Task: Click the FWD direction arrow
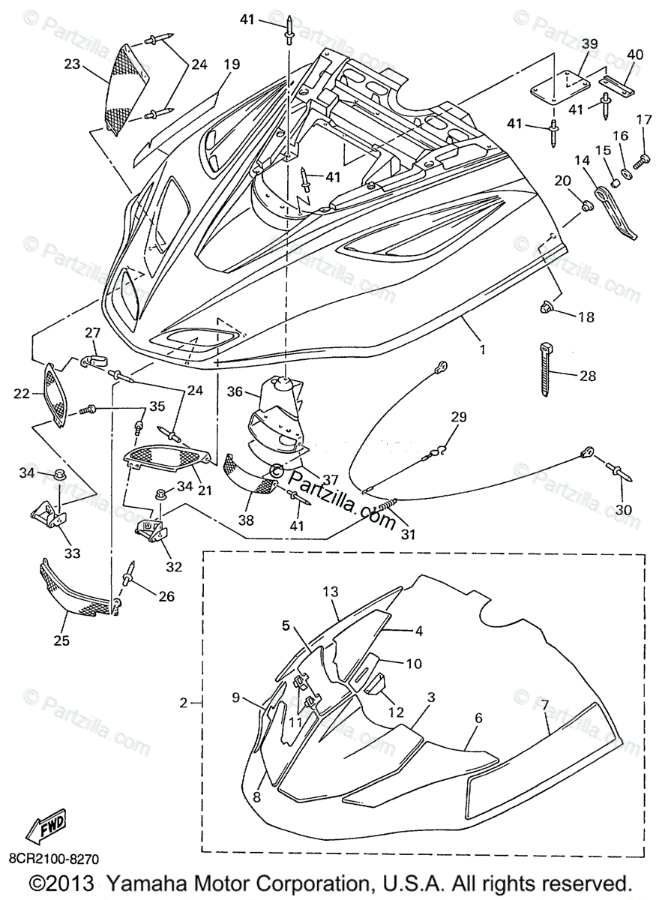click(x=44, y=828)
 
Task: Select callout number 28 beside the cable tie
click(x=587, y=376)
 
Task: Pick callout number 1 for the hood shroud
click(x=483, y=349)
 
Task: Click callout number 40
click(x=635, y=54)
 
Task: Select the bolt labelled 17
click(x=642, y=159)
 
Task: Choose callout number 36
click(x=235, y=391)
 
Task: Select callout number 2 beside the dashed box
click(x=184, y=703)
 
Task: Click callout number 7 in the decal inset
click(x=545, y=704)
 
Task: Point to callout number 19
click(x=230, y=64)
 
